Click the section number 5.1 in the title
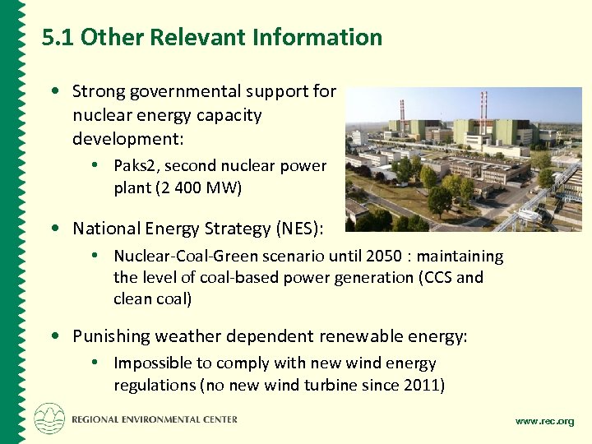coord(58,38)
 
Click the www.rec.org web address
coord(544,422)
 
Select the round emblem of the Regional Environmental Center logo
coord(49,419)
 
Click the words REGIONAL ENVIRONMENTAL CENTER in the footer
coord(155,419)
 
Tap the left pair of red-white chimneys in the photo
coord(402,109)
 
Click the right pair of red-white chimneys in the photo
coord(483,107)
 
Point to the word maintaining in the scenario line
coord(465,256)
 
